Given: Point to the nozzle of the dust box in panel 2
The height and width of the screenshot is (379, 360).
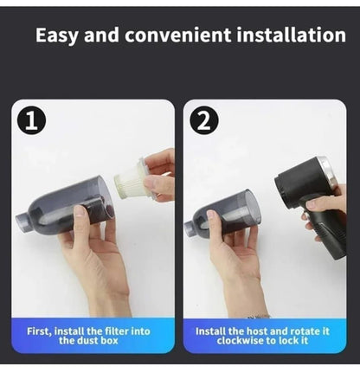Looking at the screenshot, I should (191, 229).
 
